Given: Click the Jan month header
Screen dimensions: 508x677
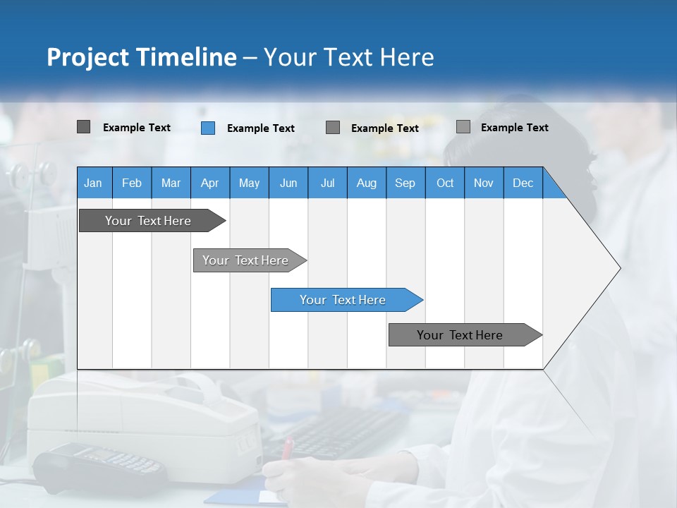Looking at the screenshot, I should click(94, 183).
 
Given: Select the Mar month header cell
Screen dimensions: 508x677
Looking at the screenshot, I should click(171, 183).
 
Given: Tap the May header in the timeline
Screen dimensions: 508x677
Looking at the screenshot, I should click(249, 183).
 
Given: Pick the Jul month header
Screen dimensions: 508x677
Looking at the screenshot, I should click(327, 183).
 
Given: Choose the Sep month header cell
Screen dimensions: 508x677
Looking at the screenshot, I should click(405, 183).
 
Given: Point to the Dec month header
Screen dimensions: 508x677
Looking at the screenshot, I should click(523, 183).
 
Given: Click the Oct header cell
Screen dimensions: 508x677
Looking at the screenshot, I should click(445, 183).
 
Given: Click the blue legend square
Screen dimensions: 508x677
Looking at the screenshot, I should click(208, 128).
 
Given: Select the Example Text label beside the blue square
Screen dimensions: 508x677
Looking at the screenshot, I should click(260, 128).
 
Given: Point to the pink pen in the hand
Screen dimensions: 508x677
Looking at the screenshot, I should click(287, 449).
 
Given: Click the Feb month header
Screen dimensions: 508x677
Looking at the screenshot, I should click(132, 183).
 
